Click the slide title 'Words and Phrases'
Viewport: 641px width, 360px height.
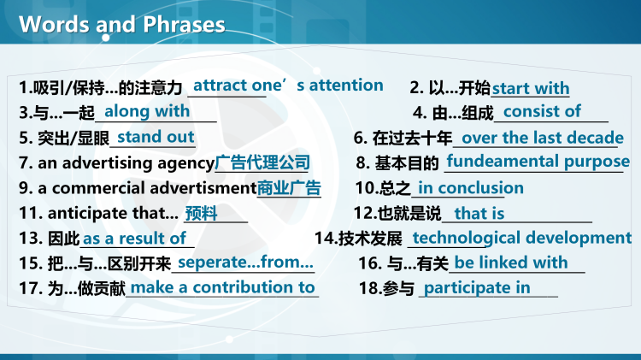pyautogui.click(x=122, y=24)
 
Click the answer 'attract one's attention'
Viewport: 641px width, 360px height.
pyautogui.click(x=288, y=86)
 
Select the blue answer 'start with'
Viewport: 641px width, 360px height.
pyautogui.click(x=531, y=89)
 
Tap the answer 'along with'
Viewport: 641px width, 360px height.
pyautogui.click(x=147, y=111)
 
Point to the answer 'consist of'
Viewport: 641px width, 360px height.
pyautogui.click(x=542, y=111)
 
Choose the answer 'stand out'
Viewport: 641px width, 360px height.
pyautogui.click(x=156, y=137)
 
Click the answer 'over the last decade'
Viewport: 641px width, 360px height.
pyautogui.click(x=543, y=138)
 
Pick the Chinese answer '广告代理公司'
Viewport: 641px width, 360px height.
pyautogui.click(x=262, y=162)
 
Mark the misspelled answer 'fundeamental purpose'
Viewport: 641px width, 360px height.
pyautogui.click(x=538, y=161)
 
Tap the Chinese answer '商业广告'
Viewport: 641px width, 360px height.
pyautogui.click(x=289, y=188)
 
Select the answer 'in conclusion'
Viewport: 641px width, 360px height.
pyautogui.click(x=471, y=188)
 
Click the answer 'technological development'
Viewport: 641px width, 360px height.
pyautogui.click(x=521, y=238)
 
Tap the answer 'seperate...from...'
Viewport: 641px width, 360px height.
pyautogui.click(x=245, y=263)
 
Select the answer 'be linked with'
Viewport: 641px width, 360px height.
pyautogui.click(x=511, y=263)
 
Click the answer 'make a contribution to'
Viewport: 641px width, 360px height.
pyautogui.click(x=222, y=288)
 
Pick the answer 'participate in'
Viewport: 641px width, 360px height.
pyautogui.click(x=477, y=288)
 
